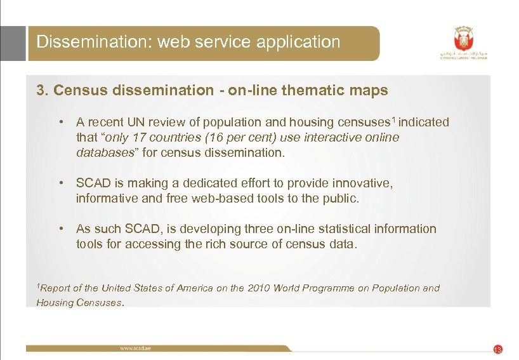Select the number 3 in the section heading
(x=41, y=91)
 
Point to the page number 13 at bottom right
(x=497, y=349)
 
